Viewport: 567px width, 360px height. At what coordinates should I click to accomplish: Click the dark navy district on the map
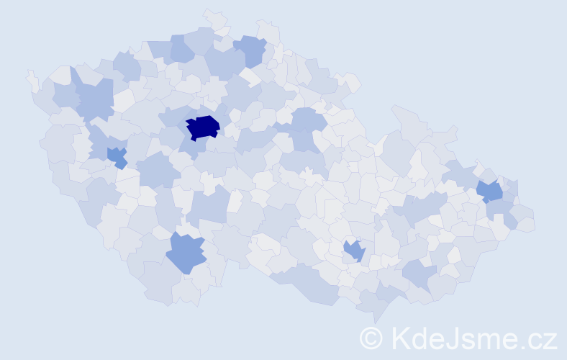click(x=203, y=127)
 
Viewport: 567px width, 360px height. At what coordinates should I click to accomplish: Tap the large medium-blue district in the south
click(x=186, y=253)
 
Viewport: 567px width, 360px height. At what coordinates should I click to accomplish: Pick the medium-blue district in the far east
click(x=490, y=191)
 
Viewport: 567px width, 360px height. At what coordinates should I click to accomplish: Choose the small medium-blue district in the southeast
click(x=354, y=251)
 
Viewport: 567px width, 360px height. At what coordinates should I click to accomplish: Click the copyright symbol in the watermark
click(x=371, y=338)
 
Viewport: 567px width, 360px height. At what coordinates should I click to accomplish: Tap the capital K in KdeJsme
click(x=400, y=338)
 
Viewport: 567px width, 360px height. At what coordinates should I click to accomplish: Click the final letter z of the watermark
click(x=550, y=340)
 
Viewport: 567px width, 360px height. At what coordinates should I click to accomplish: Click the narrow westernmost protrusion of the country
click(x=32, y=80)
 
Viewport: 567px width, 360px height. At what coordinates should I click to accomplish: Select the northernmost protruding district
click(x=215, y=18)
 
